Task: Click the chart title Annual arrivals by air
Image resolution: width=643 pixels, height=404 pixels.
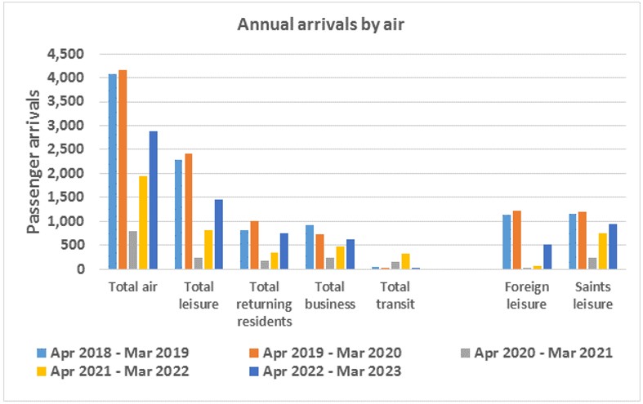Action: pos(322,25)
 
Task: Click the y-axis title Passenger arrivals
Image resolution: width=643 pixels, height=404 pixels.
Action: pos(34,162)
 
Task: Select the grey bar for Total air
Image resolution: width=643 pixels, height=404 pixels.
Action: pos(132,251)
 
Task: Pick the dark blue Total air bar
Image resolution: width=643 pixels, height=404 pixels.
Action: pos(153,200)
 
